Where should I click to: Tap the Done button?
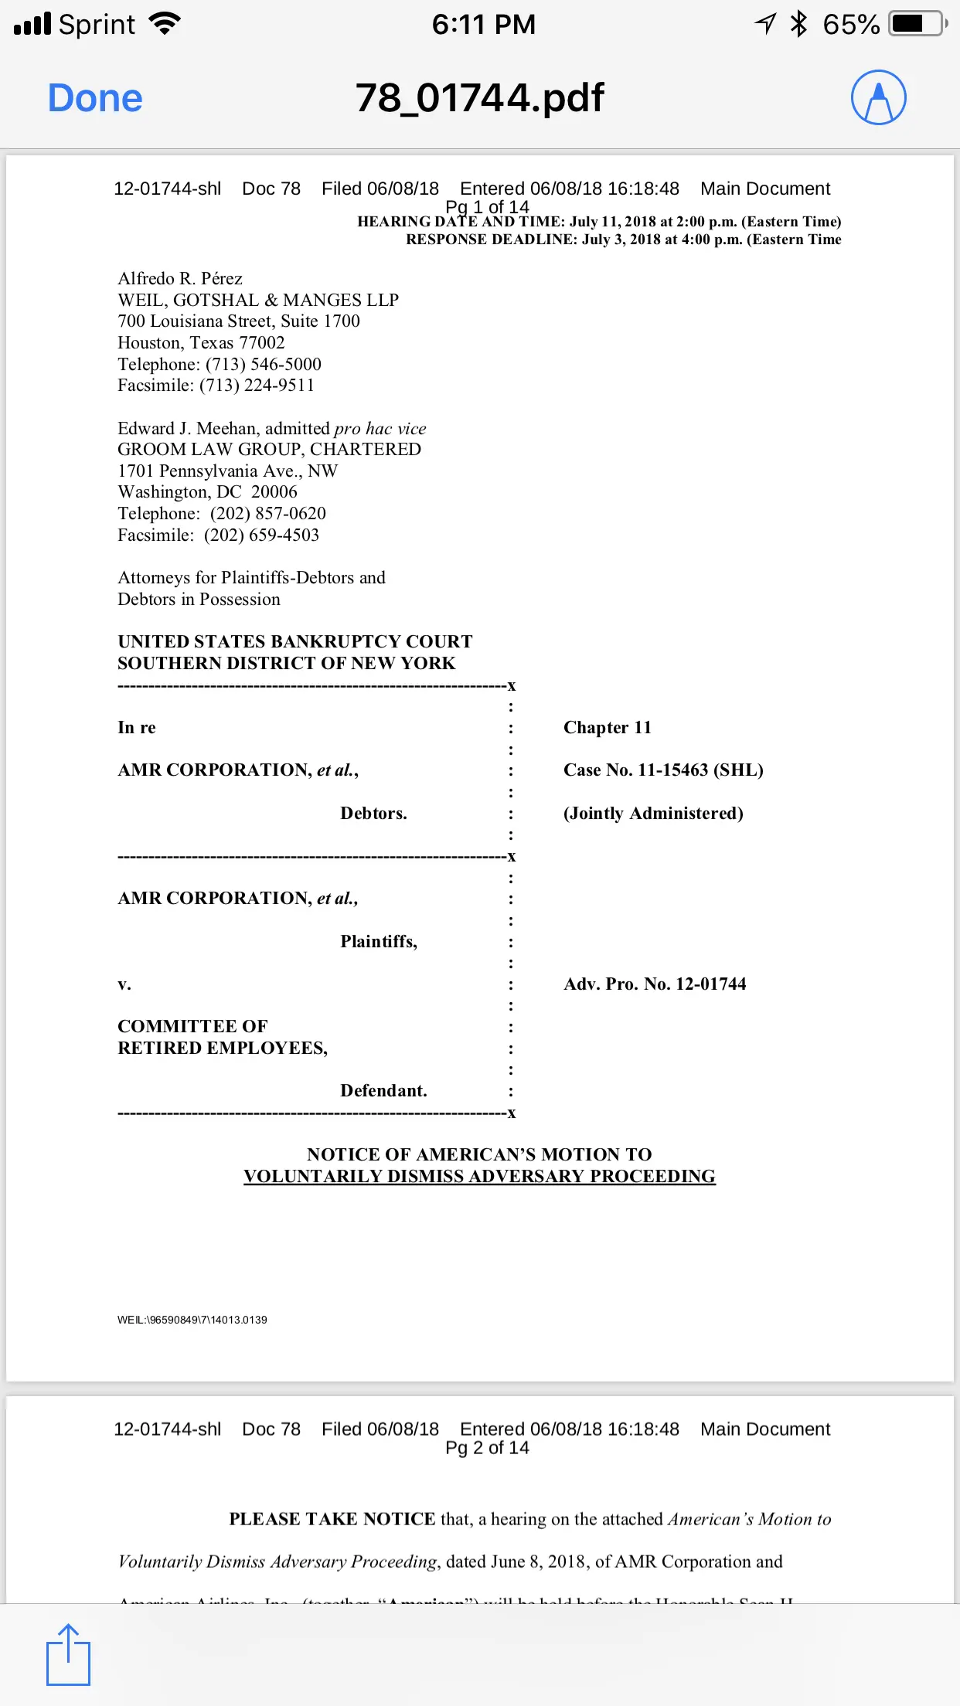[95, 98]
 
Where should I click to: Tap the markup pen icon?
[878, 98]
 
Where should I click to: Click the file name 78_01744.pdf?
[479, 98]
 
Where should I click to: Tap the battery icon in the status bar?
[917, 24]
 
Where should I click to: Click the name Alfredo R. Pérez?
[180, 278]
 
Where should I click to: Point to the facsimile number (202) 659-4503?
[261, 535]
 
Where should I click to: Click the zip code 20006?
[274, 491]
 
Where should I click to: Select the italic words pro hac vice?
[380, 428]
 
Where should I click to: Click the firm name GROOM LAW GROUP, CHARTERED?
[269, 449]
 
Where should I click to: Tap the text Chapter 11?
[607, 727]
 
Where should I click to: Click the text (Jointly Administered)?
[653, 813]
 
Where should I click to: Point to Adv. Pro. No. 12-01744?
[655, 984]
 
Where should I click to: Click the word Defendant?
[383, 1090]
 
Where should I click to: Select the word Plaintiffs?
[379, 941]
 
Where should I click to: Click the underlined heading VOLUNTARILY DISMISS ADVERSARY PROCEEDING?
[479, 1176]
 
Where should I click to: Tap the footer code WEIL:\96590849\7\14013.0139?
[192, 1320]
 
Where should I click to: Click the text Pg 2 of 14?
[487, 1448]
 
